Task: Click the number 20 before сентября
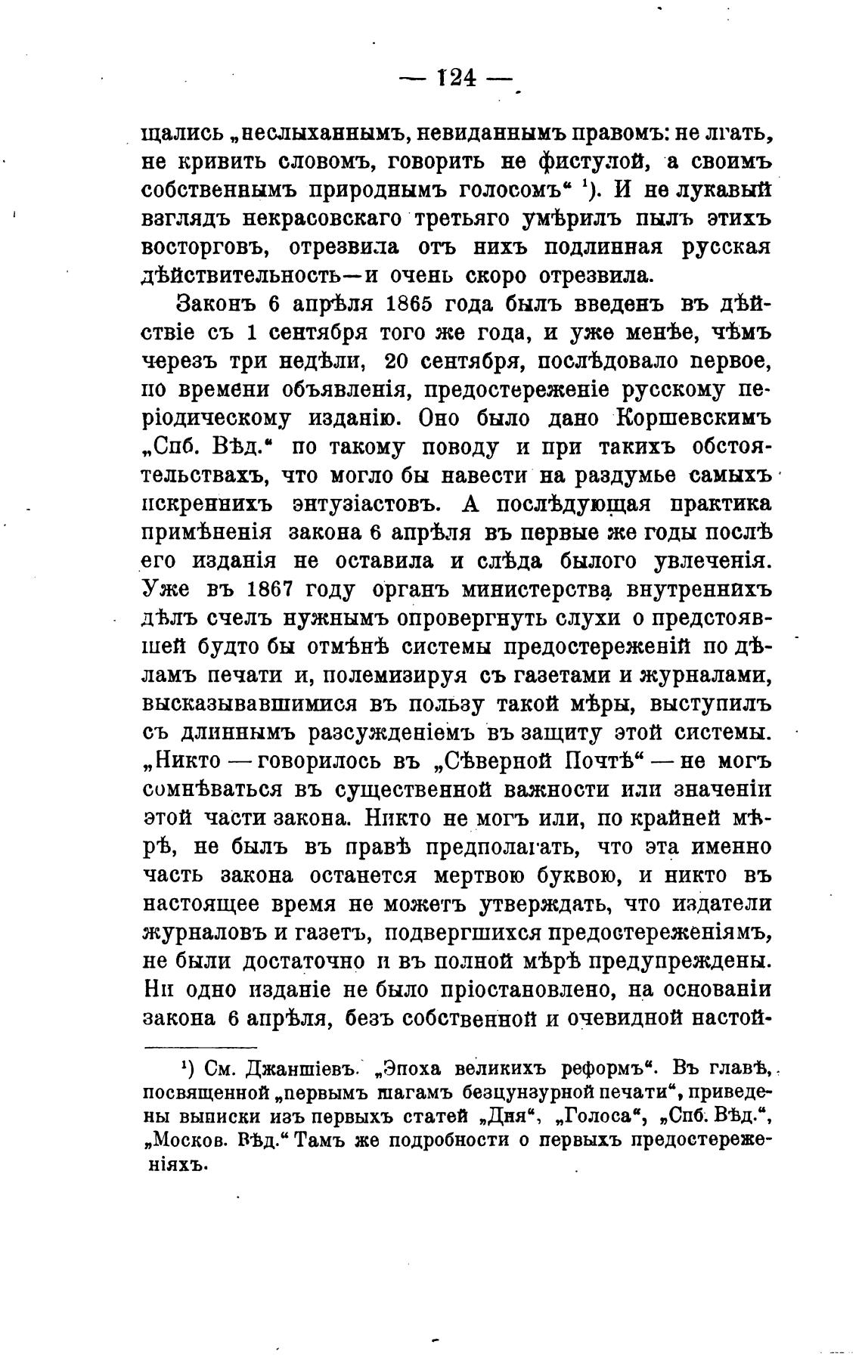398,361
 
